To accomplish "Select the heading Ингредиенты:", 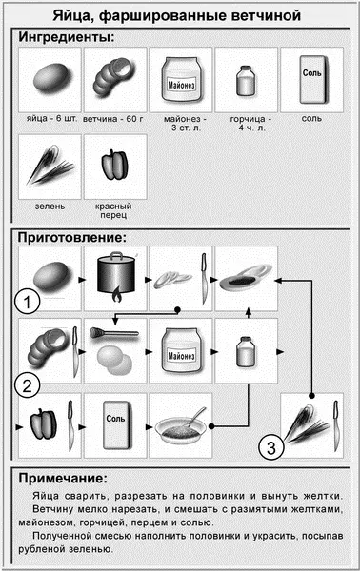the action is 67,37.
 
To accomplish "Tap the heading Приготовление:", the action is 72,237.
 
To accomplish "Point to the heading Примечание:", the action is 63,478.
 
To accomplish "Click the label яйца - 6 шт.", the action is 51,119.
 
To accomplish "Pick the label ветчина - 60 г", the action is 113,119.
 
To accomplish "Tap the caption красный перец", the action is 113,210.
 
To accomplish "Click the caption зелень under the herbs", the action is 50,207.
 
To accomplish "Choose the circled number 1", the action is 27,302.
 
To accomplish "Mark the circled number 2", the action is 28,386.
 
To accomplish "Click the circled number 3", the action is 271,447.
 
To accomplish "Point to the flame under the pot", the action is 115,295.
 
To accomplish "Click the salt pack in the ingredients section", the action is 313,80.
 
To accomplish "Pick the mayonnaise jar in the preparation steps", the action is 181,350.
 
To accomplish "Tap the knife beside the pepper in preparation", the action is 70,425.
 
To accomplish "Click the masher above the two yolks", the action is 114,333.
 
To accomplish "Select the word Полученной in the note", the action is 62,536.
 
